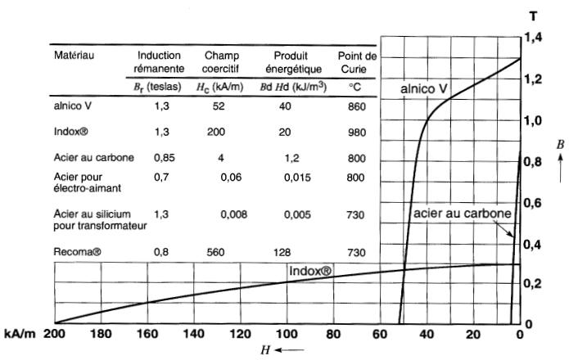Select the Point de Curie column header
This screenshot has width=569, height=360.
point(356,61)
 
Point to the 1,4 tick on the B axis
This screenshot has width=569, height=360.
point(534,37)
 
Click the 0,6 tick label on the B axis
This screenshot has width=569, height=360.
point(534,202)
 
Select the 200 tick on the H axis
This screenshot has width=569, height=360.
point(54,334)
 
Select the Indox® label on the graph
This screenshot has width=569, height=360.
point(310,269)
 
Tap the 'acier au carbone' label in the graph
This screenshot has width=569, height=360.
point(462,214)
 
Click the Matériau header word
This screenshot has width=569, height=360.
point(75,56)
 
